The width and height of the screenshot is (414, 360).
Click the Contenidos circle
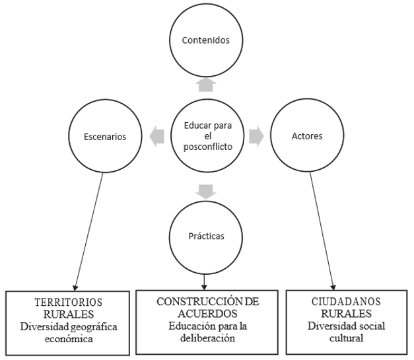coord(206,40)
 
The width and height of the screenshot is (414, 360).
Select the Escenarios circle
coord(106,137)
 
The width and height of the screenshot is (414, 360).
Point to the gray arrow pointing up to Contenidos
coord(206,83)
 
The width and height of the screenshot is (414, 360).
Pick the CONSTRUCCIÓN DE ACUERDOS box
coord(207,320)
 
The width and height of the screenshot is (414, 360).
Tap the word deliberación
coord(207,339)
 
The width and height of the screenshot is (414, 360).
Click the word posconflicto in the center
coord(207,147)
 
